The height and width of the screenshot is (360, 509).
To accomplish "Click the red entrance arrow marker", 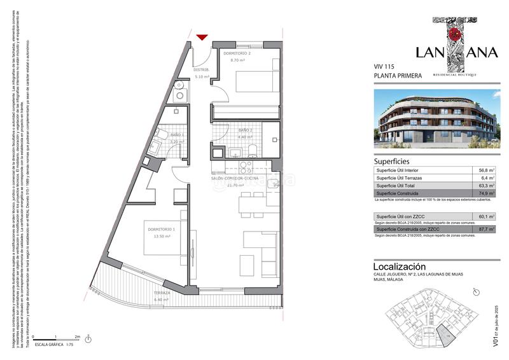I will [202, 38].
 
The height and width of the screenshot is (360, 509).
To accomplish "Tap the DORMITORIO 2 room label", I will [237, 53].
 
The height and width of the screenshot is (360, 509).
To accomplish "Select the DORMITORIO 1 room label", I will [162, 230].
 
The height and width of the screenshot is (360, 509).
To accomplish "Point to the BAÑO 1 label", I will [177, 135].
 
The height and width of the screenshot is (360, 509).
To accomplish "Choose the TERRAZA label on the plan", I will [161, 293].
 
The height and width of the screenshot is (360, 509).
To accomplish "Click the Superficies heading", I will [392, 161].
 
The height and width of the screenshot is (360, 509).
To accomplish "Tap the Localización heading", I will [400, 267].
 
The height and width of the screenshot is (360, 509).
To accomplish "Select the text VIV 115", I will [384, 66].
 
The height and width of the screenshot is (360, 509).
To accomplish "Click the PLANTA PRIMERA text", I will [398, 76].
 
